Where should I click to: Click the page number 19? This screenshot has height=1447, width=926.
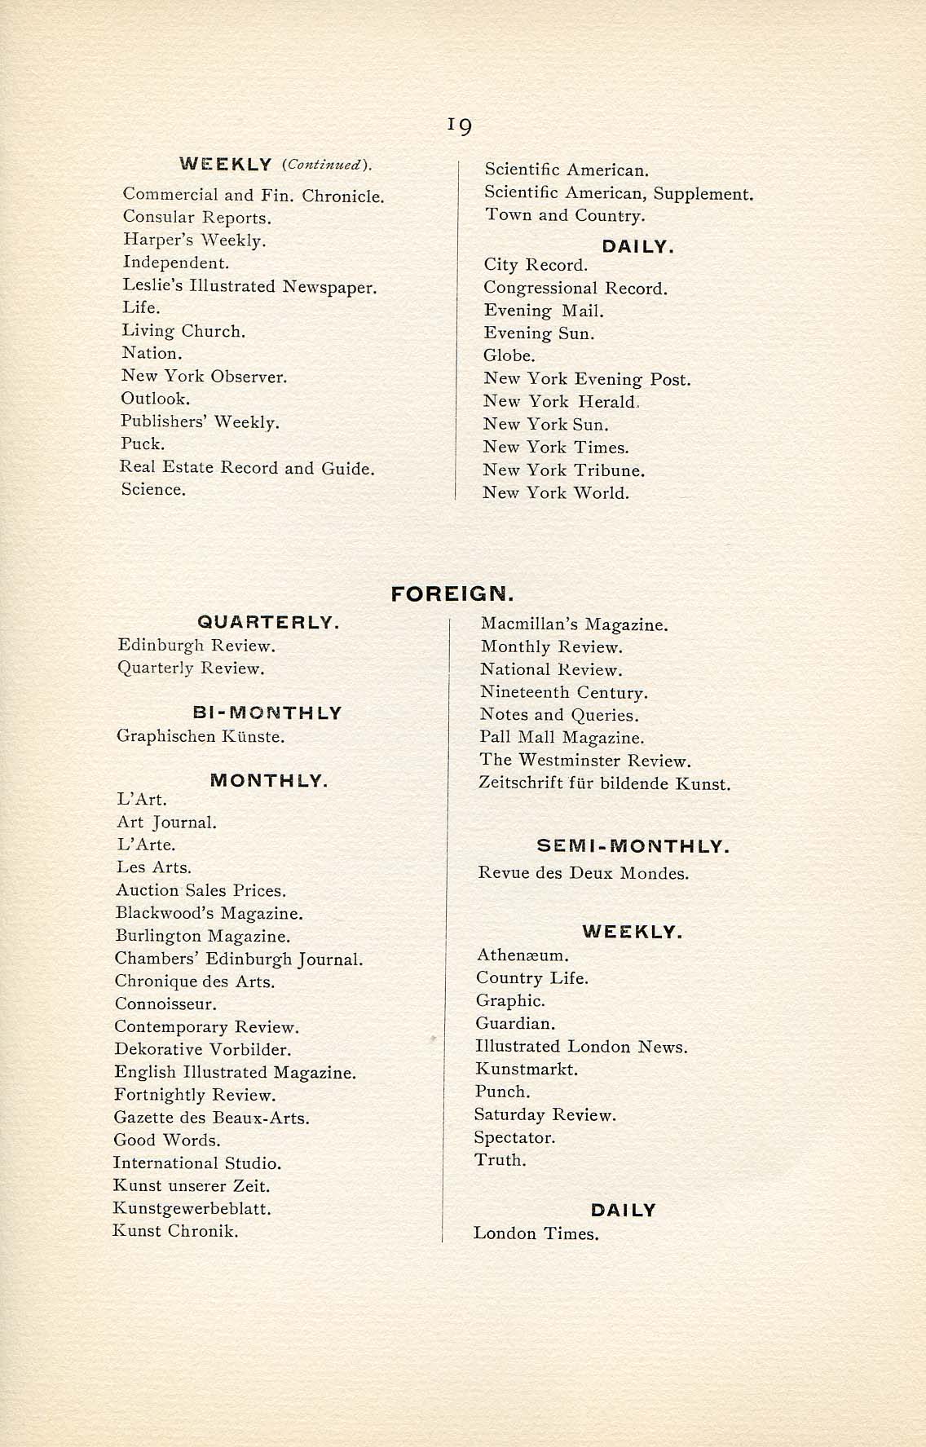point(459,126)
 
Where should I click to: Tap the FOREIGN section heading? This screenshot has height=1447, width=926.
point(452,593)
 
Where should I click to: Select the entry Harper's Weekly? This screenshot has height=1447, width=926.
point(195,240)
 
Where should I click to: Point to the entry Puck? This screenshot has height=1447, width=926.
point(143,444)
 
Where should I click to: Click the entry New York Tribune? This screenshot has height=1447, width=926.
point(563,470)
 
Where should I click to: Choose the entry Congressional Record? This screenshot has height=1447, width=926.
point(575,288)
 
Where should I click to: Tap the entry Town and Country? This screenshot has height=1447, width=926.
point(565,215)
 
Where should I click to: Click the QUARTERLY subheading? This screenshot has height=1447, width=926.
point(268,623)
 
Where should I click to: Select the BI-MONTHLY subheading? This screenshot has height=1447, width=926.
point(267,713)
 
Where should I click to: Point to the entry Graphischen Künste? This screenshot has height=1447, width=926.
point(201,737)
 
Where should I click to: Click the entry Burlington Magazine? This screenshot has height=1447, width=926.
point(202,937)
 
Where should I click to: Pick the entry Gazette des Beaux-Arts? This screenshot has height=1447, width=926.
point(211,1118)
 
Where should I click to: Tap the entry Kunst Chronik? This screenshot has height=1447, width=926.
point(175,1231)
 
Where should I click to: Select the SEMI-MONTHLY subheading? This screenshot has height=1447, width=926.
point(633,847)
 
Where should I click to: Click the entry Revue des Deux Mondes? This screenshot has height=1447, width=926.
point(583,874)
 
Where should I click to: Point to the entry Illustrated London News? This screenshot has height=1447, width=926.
point(581,1047)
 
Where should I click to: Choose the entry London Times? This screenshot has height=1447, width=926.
point(536,1234)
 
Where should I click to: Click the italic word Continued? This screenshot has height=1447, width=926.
point(325,165)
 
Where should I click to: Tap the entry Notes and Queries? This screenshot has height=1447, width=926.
point(559,715)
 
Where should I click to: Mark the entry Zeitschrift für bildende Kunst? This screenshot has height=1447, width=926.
point(605,784)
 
